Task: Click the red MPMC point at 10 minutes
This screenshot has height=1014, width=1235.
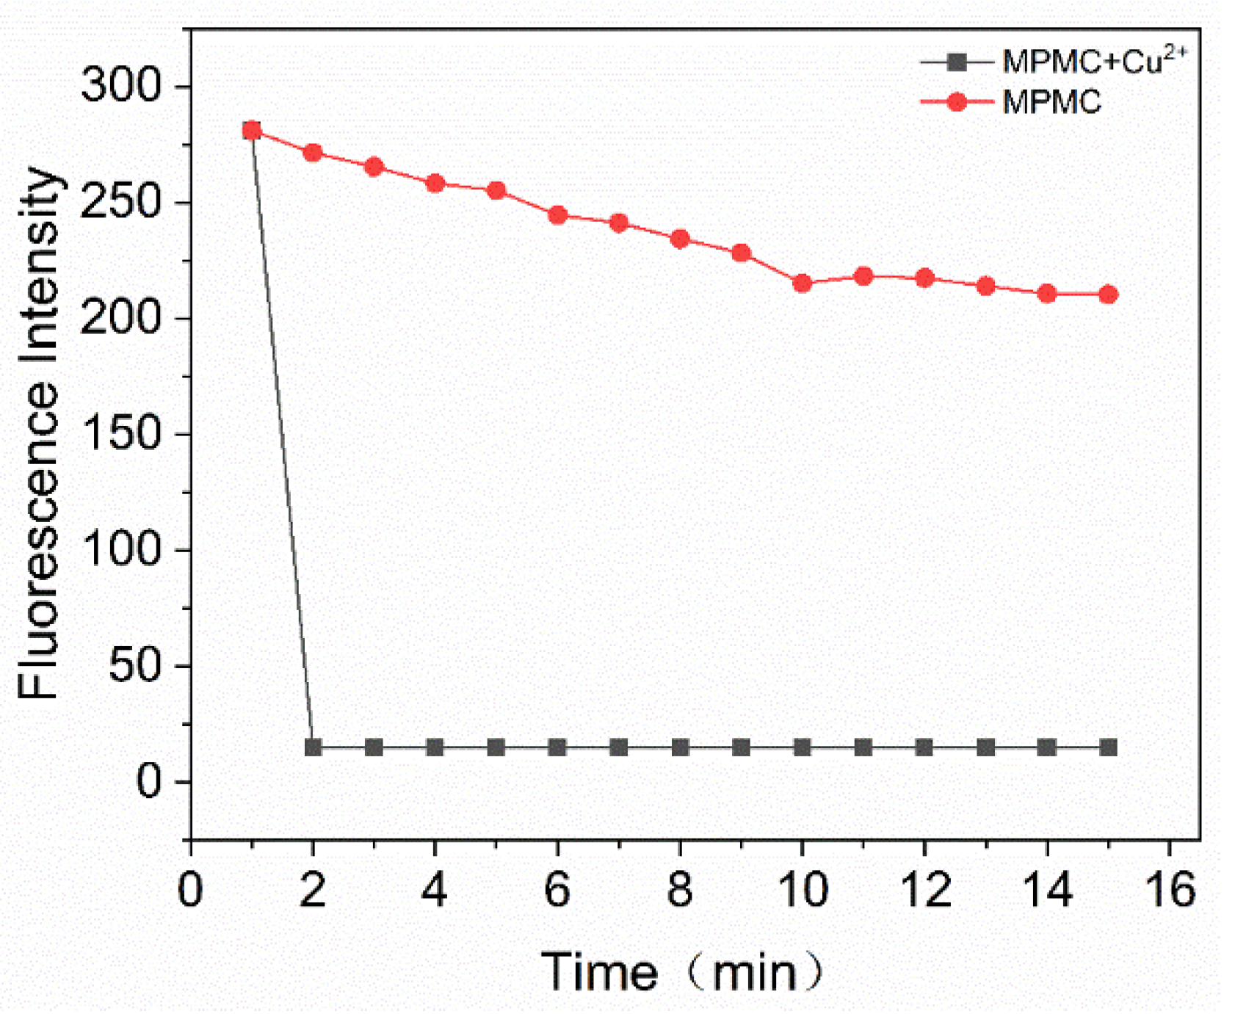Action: [x=802, y=283]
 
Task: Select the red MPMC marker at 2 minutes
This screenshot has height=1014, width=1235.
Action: [x=313, y=153]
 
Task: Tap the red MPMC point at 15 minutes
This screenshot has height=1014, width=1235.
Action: [x=1108, y=294]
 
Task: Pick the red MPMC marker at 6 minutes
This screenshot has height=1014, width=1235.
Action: [x=557, y=215]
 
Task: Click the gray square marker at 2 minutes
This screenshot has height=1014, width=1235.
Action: [x=313, y=747]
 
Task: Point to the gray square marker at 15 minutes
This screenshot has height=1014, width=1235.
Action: [x=1108, y=747]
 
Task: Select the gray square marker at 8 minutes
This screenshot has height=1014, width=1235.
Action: [x=680, y=747]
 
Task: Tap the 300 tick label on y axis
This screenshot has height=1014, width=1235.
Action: [x=120, y=85]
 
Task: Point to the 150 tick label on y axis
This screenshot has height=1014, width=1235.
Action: [x=120, y=433]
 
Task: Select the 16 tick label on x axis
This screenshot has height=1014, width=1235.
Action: [x=1170, y=889]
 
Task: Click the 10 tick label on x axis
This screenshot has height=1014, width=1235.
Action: [x=802, y=889]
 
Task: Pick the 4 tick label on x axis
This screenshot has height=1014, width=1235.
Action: [x=435, y=889]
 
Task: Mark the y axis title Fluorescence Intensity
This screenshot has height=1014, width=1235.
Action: [x=38, y=433]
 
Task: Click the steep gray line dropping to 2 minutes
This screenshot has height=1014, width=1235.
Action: [x=283, y=441]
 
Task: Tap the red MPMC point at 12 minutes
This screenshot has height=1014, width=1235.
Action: [x=924, y=278]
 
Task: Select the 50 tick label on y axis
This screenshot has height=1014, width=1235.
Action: [x=134, y=665]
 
